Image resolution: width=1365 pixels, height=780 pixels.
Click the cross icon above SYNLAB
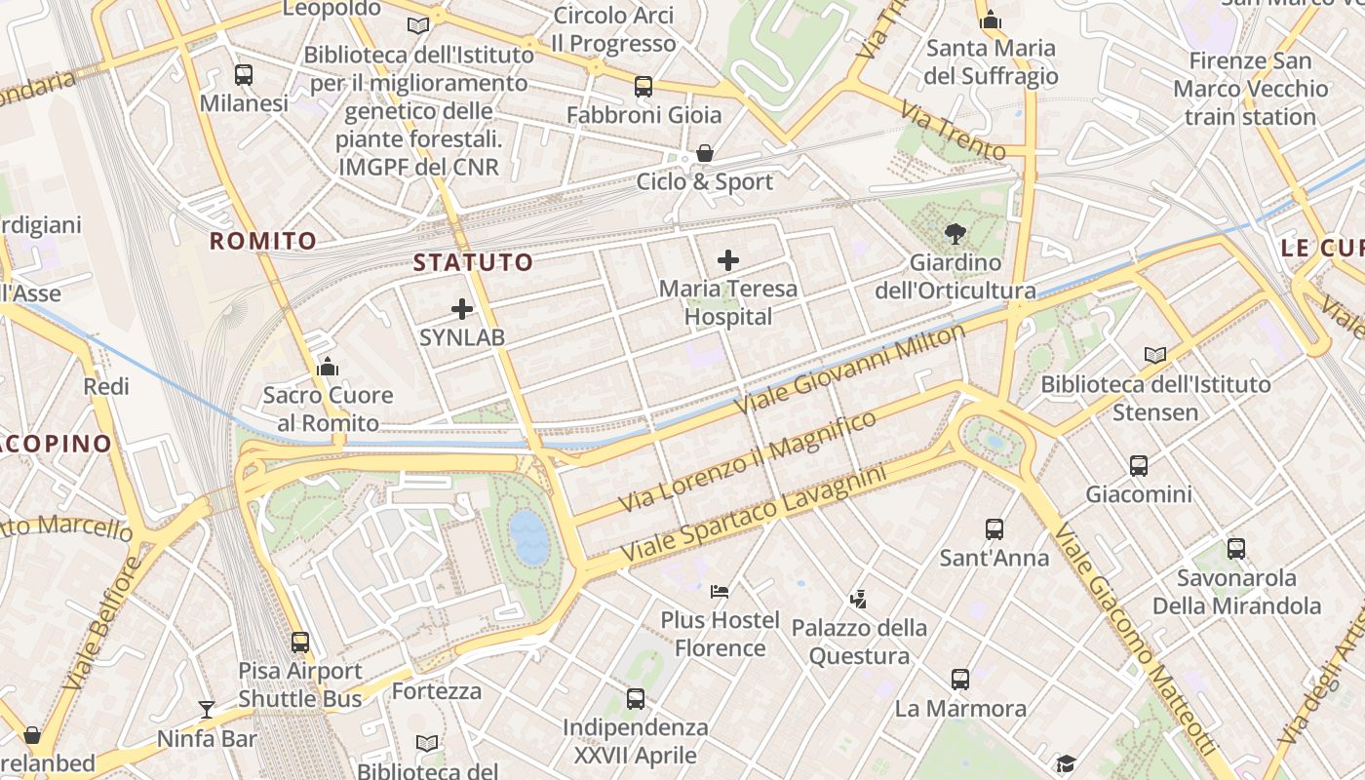click(x=462, y=310)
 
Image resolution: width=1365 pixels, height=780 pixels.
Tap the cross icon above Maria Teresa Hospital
click(x=727, y=260)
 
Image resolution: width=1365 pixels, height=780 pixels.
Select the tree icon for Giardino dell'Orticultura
click(x=955, y=234)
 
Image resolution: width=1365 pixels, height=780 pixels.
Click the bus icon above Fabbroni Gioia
click(x=643, y=87)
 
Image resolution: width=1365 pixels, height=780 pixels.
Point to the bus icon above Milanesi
click(x=244, y=75)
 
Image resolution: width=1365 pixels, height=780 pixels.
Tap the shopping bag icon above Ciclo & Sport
click(x=704, y=154)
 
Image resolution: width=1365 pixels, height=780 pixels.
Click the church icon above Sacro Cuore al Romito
click(x=328, y=368)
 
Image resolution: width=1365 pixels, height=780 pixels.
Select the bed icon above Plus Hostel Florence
click(x=720, y=592)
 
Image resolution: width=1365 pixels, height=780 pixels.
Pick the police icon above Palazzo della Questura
click(x=858, y=599)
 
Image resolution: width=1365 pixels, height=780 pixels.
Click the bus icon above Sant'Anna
click(x=994, y=529)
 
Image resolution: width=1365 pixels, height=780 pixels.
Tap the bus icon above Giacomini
click(x=1138, y=466)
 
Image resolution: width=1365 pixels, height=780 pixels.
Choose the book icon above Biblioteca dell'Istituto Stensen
click(x=1155, y=356)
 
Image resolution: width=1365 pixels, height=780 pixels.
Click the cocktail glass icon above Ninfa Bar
click(x=207, y=710)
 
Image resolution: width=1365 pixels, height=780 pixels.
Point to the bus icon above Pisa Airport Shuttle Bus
click(x=300, y=643)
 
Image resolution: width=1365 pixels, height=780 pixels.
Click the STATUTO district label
click(x=474, y=262)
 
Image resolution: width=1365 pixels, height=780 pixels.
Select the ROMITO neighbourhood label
click(x=263, y=241)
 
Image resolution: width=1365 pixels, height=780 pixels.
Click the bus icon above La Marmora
click(x=960, y=680)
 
